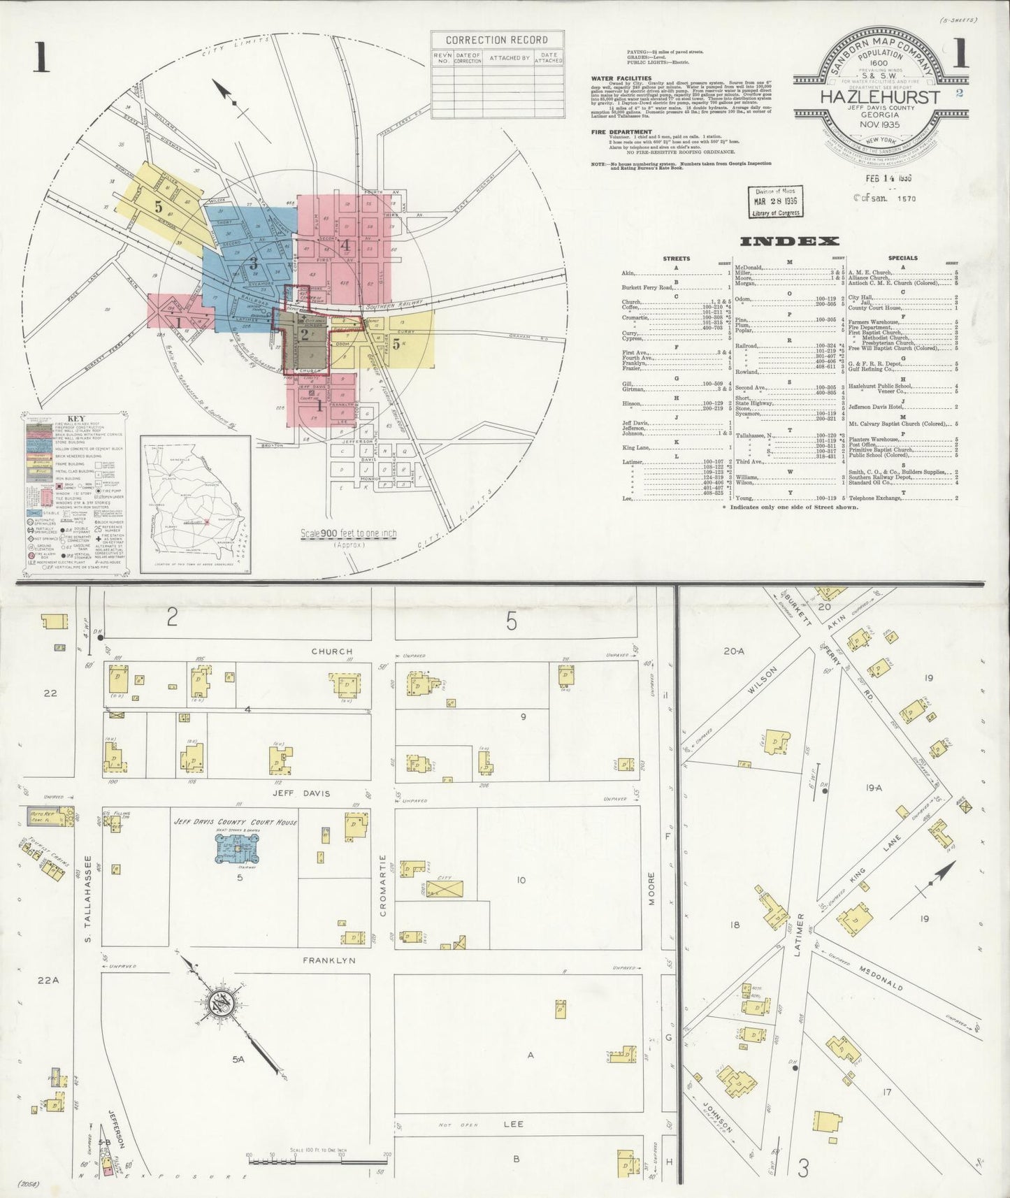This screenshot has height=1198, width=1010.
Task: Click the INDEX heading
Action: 788,242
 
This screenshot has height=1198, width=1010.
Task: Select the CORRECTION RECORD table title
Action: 497,40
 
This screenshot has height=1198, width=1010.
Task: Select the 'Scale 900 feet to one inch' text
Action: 349,533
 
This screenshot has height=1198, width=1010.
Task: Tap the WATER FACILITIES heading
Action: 621,79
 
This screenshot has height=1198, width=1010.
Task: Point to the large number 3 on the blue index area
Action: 253,264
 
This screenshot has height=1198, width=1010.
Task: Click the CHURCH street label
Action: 332,651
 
